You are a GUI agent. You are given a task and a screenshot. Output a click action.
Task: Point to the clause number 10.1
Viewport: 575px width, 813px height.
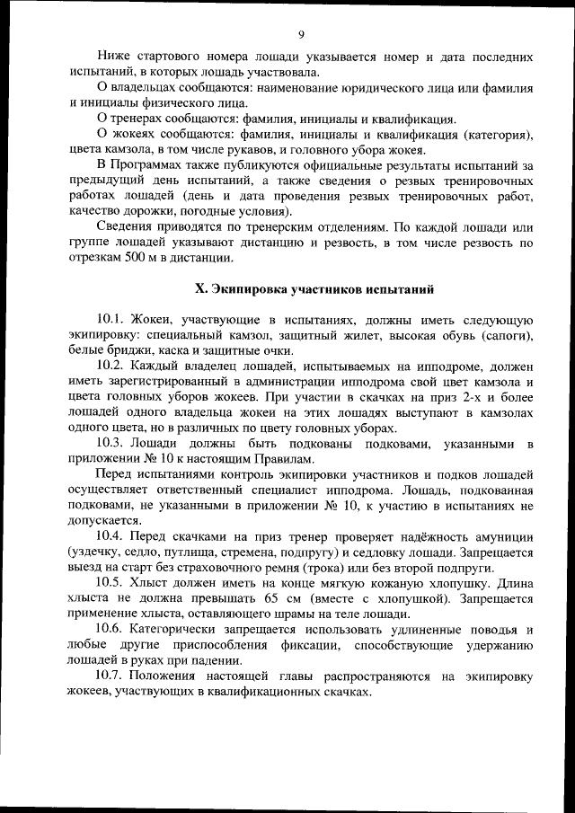coord(111,320)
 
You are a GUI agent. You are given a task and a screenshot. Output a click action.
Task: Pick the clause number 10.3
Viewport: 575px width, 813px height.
coord(111,443)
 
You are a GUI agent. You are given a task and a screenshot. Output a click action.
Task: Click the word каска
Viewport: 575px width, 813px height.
coord(194,350)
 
